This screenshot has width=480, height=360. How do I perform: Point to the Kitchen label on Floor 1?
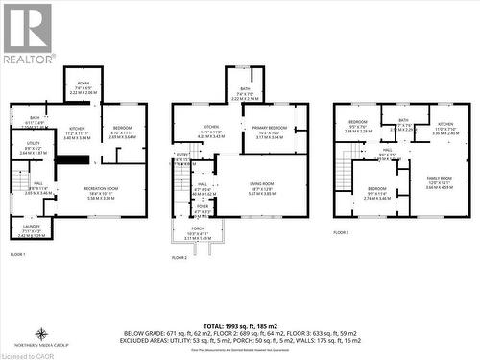(x=77, y=132)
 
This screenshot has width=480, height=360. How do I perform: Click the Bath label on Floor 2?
(x=246, y=93)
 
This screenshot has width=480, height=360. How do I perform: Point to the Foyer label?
(x=203, y=209)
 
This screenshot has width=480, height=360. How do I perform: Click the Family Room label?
(x=439, y=182)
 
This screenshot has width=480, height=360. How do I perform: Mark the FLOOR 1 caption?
(x=18, y=254)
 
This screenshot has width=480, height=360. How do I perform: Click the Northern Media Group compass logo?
(x=43, y=335)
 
